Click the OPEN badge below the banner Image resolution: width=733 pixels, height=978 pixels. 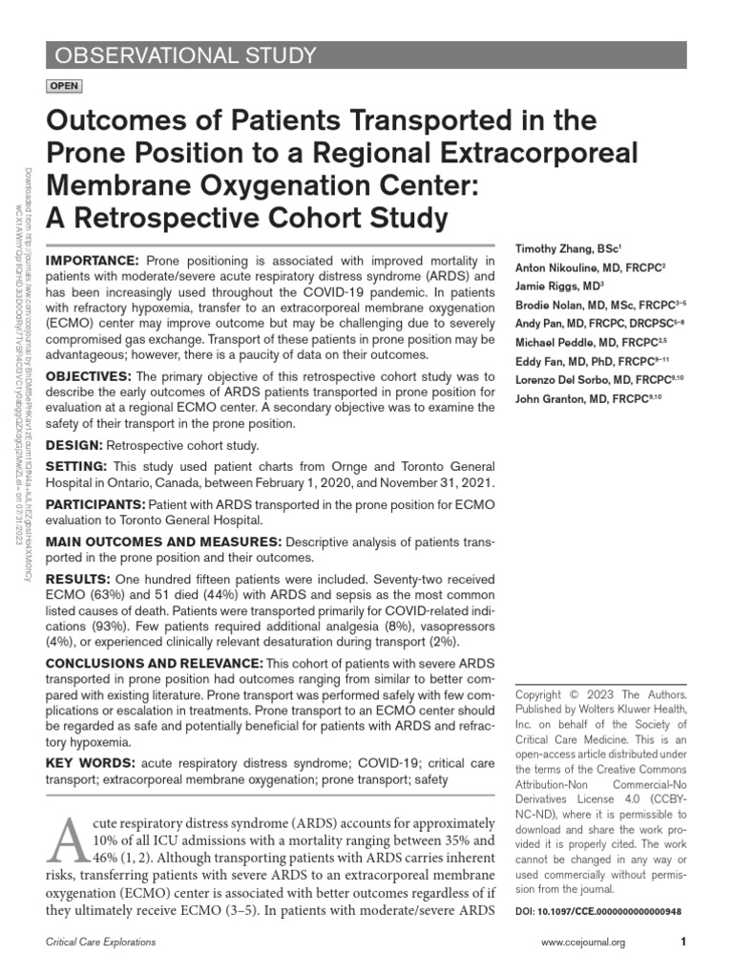pos(64,86)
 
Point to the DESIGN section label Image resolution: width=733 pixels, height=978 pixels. pos(74,444)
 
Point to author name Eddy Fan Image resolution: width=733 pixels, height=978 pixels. pos(541,361)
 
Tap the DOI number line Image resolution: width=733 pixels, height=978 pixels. pos(597,911)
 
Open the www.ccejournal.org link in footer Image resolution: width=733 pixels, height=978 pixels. pos(582,943)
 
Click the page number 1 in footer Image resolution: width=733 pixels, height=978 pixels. pos(682,943)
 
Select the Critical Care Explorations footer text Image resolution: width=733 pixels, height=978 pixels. pos(101,943)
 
